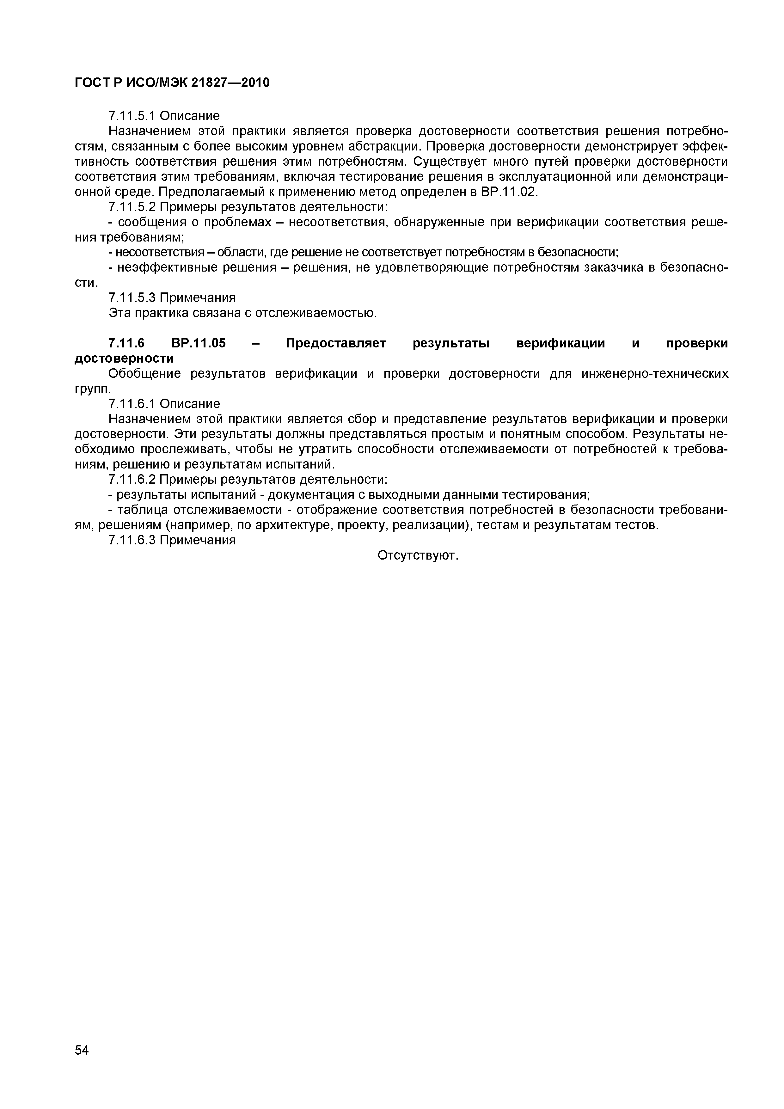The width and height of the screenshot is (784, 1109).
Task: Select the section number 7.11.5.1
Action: pyautogui.click(x=132, y=116)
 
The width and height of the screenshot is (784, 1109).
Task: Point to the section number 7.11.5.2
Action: pyautogui.click(x=132, y=207)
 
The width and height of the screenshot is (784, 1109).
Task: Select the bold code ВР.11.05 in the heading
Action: pyautogui.click(x=198, y=343)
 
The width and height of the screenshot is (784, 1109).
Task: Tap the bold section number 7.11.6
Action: pyautogui.click(x=126, y=343)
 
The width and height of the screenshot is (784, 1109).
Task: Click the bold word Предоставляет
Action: pyautogui.click(x=336, y=343)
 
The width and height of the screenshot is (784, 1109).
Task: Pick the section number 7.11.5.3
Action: pyautogui.click(x=132, y=297)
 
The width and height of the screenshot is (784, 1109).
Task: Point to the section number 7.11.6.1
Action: pyautogui.click(x=132, y=404)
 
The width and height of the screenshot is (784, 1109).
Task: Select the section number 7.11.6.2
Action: pyautogui.click(x=132, y=480)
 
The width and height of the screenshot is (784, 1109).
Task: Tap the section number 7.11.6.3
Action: pyautogui.click(x=132, y=540)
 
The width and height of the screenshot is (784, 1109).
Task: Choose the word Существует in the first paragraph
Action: pyautogui.click(x=449, y=161)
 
